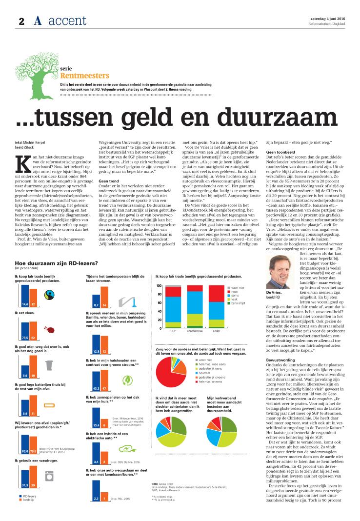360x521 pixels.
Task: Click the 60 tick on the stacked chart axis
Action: pyautogui.click(x=159, y=302)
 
